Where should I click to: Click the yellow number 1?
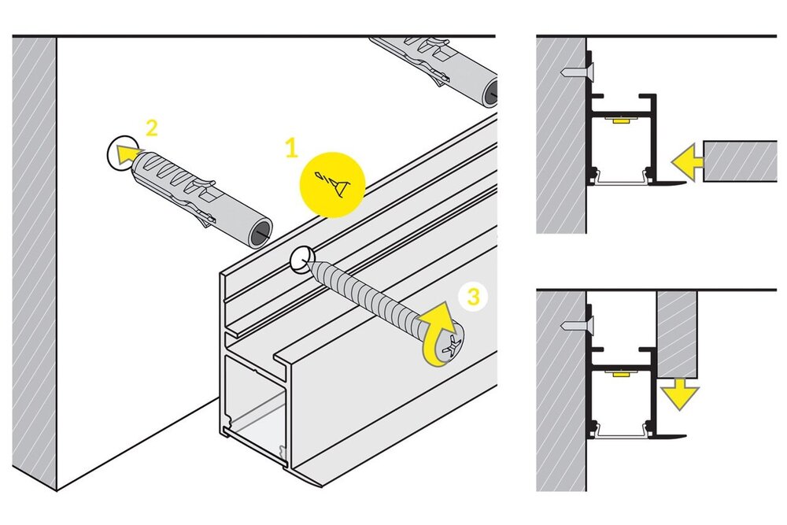[x=292, y=146]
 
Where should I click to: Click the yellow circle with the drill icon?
[x=333, y=183]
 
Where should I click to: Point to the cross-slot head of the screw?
[x=450, y=346]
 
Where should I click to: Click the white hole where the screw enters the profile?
[x=302, y=257]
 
